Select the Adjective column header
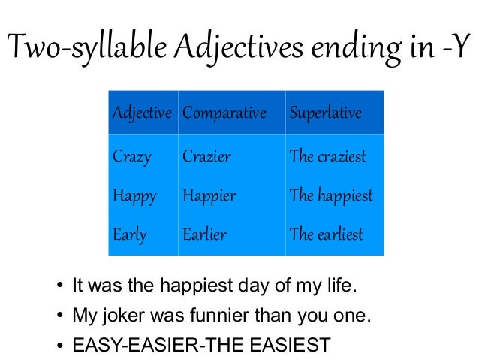click(142, 113)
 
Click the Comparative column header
click(224, 113)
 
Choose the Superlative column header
click(326, 113)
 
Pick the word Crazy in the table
click(131, 157)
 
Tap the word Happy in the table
click(134, 196)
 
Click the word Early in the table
click(130, 234)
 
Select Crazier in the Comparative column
click(206, 157)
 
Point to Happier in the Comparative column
click(209, 196)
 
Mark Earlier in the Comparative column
click(204, 234)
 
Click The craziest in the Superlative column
click(328, 157)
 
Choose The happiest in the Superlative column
click(331, 196)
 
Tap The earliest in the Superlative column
click(327, 234)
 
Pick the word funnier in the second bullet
click(214, 316)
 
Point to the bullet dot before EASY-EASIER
click(59, 346)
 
